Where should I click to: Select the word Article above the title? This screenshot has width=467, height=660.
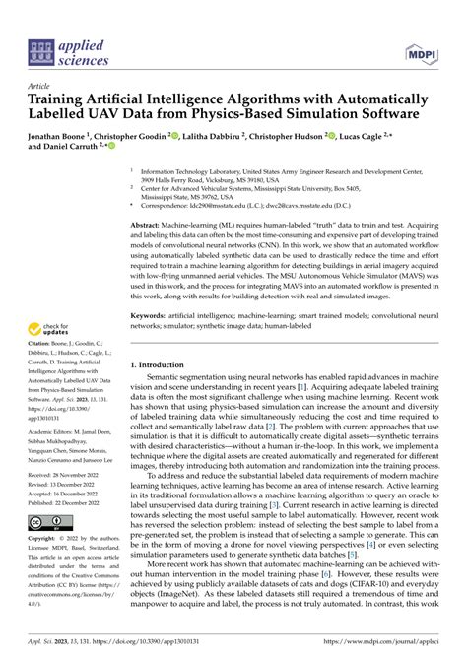point(42,86)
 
